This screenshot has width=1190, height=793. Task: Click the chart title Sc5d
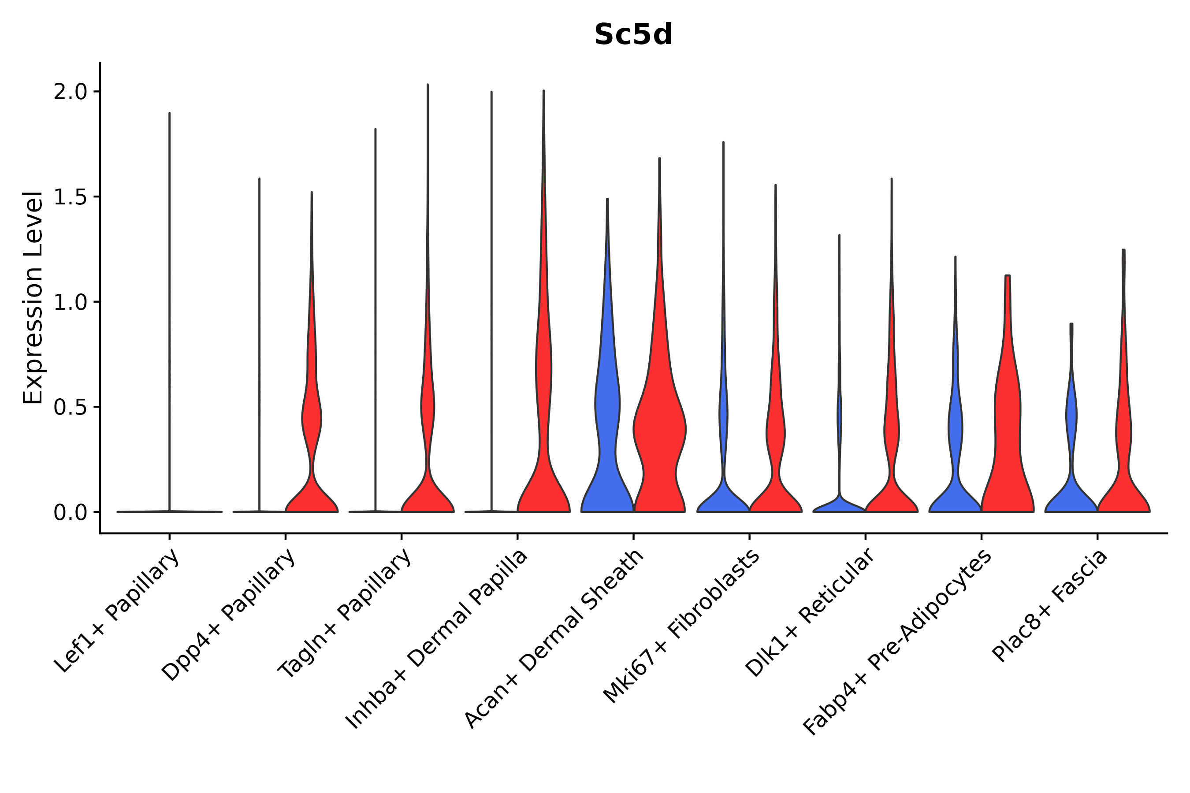(x=633, y=35)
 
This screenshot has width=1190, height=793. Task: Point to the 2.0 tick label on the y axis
(x=71, y=92)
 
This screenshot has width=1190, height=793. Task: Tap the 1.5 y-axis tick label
(x=71, y=197)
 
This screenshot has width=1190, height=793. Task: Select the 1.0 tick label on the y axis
(x=71, y=302)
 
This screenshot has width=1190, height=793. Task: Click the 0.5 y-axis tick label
(x=71, y=408)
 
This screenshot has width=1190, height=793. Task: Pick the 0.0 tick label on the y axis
(x=71, y=513)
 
